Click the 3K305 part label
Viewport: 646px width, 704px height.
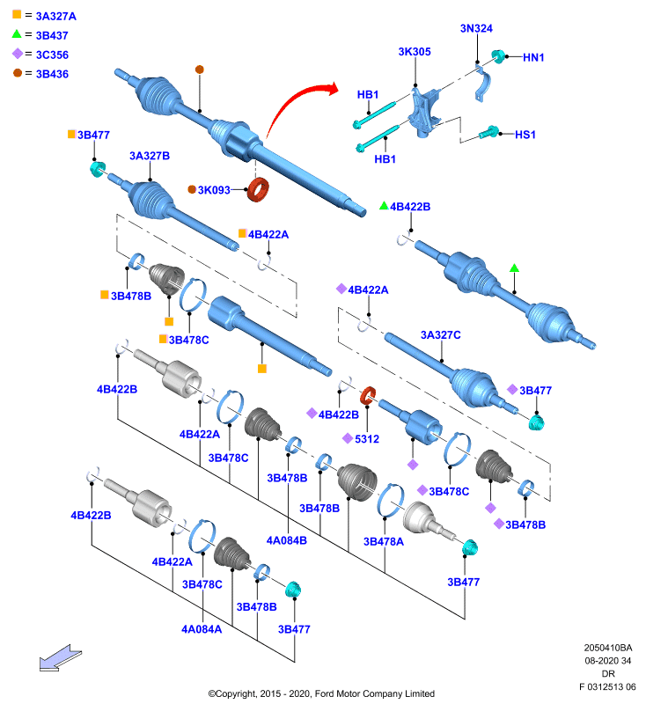pos(415,52)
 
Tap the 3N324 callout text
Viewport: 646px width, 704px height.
pos(476,28)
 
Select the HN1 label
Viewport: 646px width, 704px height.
pos(533,57)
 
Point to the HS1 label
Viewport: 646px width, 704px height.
pos(525,135)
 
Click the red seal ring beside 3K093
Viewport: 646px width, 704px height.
pos(258,189)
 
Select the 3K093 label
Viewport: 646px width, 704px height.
pos(214,190)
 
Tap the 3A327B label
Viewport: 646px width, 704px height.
pos(150,156)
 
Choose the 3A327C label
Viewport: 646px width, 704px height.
pos(440,335)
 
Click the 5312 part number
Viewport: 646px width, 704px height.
pos(367,438)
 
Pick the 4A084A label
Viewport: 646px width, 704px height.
pos(202,629)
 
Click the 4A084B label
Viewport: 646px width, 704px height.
pos(286,540)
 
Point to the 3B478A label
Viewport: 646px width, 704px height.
pos(384,542)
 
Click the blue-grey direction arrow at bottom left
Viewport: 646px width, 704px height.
pos(60,658)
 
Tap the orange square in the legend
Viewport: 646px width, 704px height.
pos(17,14)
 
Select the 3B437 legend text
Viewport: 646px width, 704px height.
pos(52,35)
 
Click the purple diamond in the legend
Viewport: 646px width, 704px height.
pos(18,54)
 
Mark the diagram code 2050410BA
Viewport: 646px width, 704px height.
pos(608,648)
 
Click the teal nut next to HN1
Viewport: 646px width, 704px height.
pos(497,56)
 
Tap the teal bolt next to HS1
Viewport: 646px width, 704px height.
pos(488,133)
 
